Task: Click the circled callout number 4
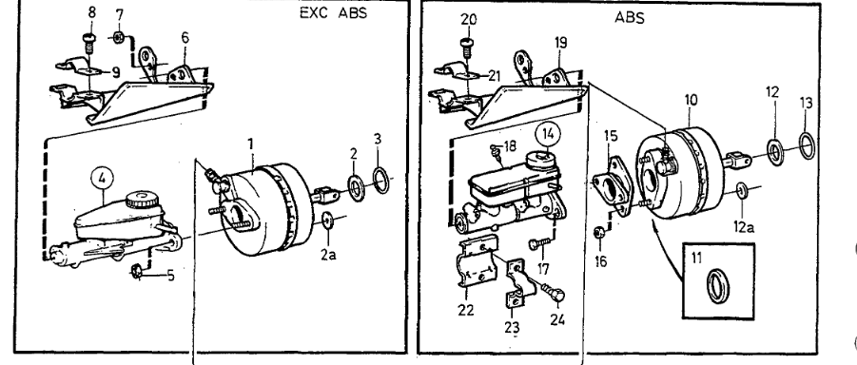(x=102, y=178)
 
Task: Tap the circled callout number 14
(x=548, y=133)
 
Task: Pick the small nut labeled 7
(x=119, y=37)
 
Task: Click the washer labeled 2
(x=356, y=188)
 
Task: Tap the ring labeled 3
(x=381, y=181)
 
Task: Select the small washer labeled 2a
(x=328, y=221)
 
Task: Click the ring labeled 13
(x=808, y=145)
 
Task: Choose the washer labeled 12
(x=775, y=152)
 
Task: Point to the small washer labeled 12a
(x=742, y=191)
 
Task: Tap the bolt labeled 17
(x=536, y=244)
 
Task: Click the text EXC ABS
(x=334, y=13)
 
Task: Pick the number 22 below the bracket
(x=466, y=311)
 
